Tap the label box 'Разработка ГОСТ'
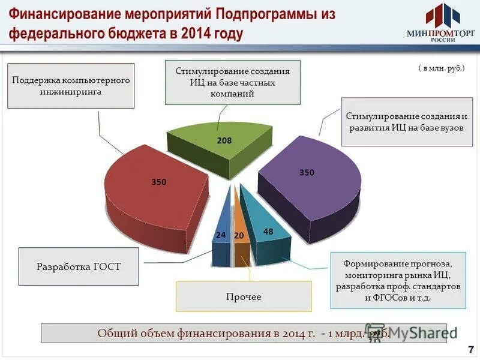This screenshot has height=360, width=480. [x=79, y=266]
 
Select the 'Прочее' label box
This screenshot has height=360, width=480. [x=244, y=296]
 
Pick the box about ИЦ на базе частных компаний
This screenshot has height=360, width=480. [x=233, y=82]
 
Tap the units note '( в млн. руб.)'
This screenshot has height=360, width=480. [x=442, y=68]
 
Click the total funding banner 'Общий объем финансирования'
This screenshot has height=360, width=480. [x=240, y=334]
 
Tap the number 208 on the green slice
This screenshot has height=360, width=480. [x=224, y=140]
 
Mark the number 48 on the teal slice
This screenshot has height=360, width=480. [x=268, y=232]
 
